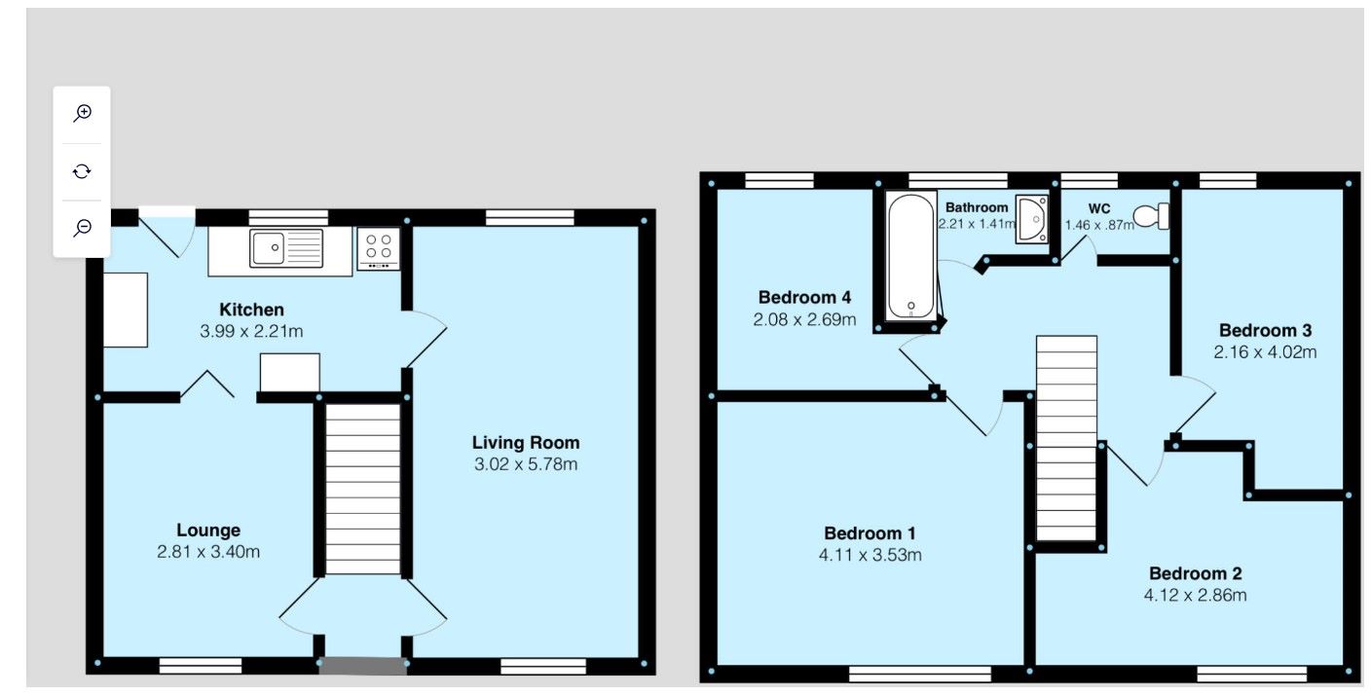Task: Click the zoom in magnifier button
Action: click(83, 113)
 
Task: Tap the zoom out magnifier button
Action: click(83, 228)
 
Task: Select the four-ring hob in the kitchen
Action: click(379, 247)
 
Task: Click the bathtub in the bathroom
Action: click(910, 254)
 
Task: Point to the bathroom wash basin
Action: click(1031, 218)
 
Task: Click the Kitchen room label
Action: click(251, 310)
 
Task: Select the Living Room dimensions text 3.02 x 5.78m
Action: click(526, 464)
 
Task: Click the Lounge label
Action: click(208, 531)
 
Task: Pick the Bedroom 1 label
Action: click(870, 533)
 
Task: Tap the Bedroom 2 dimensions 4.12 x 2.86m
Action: click(1195, 595)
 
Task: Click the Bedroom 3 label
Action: click(1265, 330)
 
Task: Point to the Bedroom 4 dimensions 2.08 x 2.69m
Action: click(804, 318)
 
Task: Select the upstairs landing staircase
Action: click(1066, 438)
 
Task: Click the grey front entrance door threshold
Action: click(362, 666)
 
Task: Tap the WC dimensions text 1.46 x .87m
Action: click(1099, 225)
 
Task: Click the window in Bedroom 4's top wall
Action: click(779, 180)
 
